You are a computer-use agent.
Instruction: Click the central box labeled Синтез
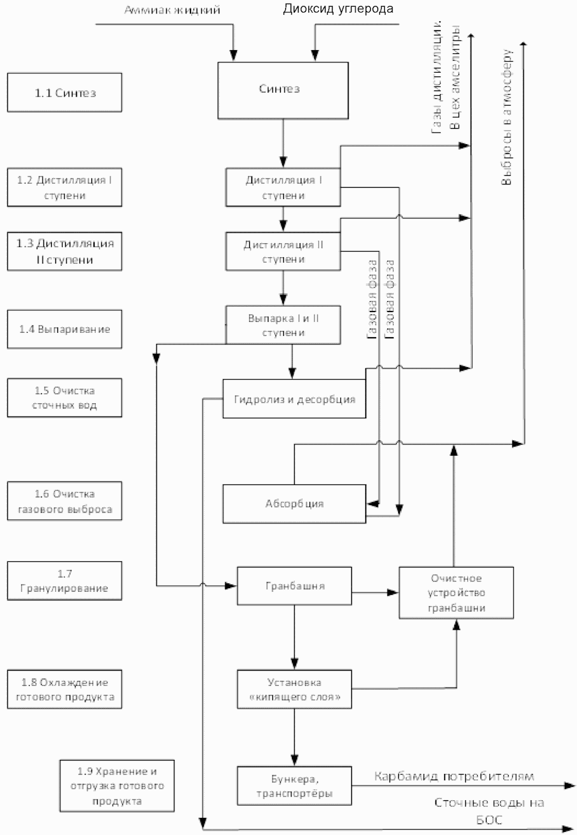tap(283, 90)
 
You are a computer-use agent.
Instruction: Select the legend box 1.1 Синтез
tap(65, 92)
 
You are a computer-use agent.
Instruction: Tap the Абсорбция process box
tap(294, 503)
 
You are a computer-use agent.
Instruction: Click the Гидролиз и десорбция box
tap(294, 398)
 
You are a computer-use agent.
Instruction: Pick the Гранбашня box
tap(294, 586)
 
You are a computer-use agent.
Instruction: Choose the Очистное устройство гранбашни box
tap(456, 593)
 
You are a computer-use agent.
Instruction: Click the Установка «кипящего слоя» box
tap(294, 689)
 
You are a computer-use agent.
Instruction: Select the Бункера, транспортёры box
tap(294, 786)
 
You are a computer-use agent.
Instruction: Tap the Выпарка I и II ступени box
tap(283, 325)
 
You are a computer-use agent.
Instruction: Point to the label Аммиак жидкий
tap(172, 10)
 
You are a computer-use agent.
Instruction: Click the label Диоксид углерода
tap(338, 9)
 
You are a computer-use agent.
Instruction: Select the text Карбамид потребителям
tap(454, 776)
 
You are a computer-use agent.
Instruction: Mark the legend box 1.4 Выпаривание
tap(65, 329)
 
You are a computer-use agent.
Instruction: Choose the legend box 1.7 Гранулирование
tap(65, 581)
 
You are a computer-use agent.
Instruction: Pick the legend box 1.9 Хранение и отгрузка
tap(117, 786)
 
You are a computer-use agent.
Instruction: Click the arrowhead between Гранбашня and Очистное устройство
tap(393, 593)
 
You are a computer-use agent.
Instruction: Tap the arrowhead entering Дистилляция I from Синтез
tap(283, 162)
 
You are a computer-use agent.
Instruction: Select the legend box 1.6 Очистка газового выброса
tap(65, 501)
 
